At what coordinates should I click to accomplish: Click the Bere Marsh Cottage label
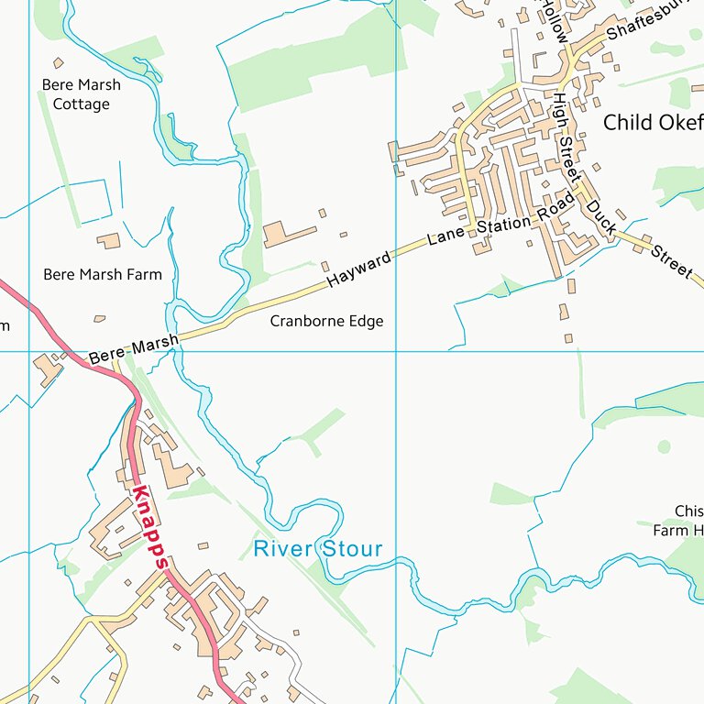pos(81,94)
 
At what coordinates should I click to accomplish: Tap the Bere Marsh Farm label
pos(103,274)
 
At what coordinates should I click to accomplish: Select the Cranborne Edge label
pos(326,321)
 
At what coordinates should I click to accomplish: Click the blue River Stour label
pos(317,549)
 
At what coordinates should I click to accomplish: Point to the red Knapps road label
pos(148,528)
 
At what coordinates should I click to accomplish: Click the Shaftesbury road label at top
pos(646,20)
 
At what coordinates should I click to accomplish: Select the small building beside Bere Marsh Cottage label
pos(59,63)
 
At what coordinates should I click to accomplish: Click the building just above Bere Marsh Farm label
pos(109,241)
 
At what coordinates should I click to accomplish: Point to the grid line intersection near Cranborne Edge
pos(396,351)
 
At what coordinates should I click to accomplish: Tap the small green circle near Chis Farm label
pos(665,446)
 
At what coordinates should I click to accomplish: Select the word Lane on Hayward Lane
pos(446,236)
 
